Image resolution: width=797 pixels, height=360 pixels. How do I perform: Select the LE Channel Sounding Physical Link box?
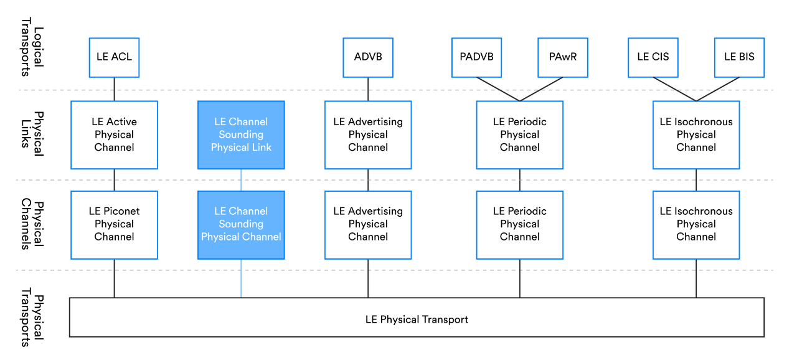tap(241, 135)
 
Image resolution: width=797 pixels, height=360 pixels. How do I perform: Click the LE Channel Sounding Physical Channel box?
tap(241, 225)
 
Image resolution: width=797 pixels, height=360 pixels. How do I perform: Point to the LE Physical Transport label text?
tap(417, 320)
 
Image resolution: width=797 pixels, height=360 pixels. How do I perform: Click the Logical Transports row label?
tap(32, 47)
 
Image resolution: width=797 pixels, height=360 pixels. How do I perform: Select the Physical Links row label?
tap(32, 134)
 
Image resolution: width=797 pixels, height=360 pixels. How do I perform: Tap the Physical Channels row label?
tap(32, 224)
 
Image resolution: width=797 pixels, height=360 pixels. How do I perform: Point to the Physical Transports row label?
tap(32, 317)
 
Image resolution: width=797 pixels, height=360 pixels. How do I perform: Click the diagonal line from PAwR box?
tap(541, 89)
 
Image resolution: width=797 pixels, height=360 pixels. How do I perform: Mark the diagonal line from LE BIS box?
tap(718, 89)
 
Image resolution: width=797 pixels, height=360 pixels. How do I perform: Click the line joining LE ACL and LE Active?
tap(114, 89)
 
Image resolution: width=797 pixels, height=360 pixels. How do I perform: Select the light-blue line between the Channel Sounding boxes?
tap(241, 180)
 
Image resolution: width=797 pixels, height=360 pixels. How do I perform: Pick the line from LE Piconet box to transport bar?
tap(114, 278)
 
